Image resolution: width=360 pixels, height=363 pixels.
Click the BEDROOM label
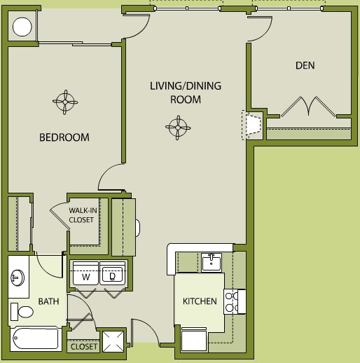(x=64, y=137)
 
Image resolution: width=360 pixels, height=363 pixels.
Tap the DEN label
(x=305, y=65)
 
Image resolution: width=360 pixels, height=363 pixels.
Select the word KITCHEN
(x=200, y=301)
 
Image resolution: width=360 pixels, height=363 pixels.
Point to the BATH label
(x=48, y=301)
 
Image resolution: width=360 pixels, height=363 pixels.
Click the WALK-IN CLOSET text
(x=83, y=215)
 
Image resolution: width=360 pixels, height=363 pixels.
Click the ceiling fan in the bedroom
(x=65, y=102)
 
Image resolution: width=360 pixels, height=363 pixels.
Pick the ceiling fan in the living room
(x=178, y=128)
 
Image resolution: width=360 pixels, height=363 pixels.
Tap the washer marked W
(x=85, y=273)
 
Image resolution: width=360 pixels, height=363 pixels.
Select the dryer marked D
(x=113, y=273)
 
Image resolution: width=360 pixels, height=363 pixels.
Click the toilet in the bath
(x=22, y=312)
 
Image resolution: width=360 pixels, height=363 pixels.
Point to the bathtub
(x=35, y=339)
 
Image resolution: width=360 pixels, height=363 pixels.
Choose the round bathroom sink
(x=18, y=278)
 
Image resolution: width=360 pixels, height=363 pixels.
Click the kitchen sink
(x=212, y=263)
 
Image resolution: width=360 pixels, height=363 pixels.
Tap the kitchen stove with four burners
(x=235, y=301)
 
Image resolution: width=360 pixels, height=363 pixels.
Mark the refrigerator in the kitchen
(x=194, y=339)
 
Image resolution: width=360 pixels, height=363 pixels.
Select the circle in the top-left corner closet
(x=22, y=27)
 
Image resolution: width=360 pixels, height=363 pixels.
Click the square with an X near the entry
(x=113, y=341)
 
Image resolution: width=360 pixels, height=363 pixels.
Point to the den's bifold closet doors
(x=308, y=107)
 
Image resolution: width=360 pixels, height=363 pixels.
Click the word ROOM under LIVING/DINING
(x=186, y=100)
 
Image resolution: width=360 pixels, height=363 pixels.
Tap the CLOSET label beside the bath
(x=84, y=347)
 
